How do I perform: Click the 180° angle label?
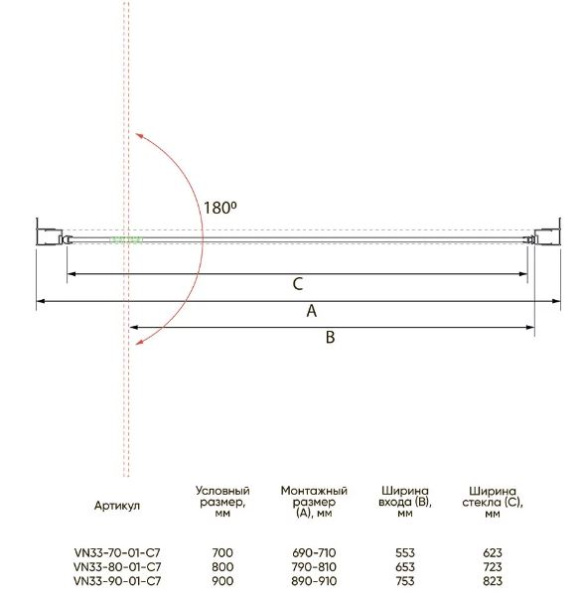220,208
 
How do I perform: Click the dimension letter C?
298,284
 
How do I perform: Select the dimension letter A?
312,311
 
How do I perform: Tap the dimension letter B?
330,338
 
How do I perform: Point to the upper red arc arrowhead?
139,136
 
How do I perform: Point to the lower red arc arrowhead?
140,342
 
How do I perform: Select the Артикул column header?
117,505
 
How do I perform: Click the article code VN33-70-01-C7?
117,553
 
